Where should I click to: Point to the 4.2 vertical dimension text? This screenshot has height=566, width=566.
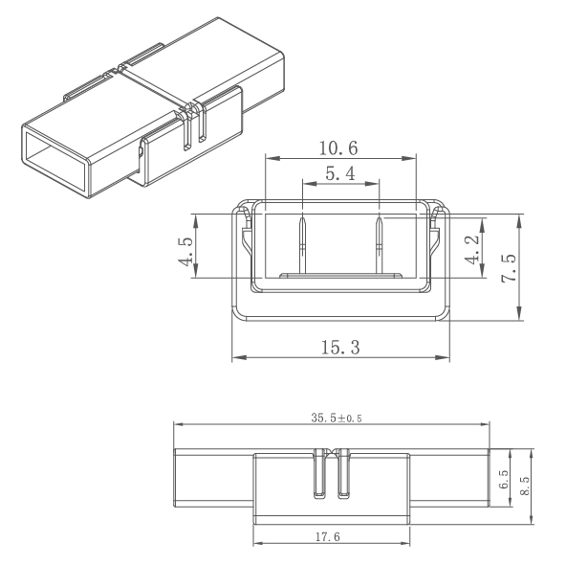(471, 247)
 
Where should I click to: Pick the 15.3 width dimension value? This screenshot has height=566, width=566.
(340, 348)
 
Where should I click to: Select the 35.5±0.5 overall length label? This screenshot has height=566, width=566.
(331, 418)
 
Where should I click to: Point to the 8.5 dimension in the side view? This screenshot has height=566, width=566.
(525, 485)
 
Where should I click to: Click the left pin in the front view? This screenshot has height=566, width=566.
(303, 245)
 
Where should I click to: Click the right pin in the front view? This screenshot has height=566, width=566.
(380, 245)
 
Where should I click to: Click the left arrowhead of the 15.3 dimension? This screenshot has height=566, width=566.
(236, 358)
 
